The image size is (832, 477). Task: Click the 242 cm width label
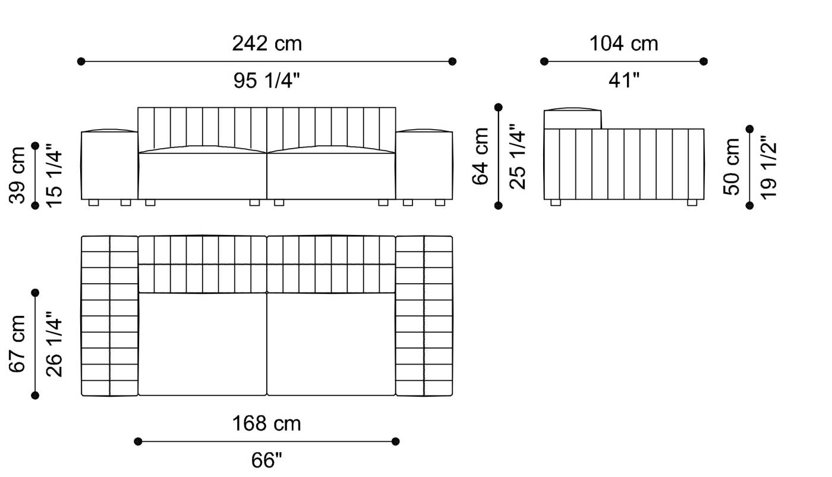coord(267,43)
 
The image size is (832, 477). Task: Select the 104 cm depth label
coord(623,43)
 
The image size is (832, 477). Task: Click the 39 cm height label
coord(18,174)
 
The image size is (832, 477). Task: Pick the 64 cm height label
coord(481,156)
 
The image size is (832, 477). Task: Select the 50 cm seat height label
coord(732,166)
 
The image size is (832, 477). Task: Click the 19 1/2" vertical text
coord(768,166)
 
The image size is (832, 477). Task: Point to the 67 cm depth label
coord(18,344)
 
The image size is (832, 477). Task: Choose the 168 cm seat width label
coord(267,423)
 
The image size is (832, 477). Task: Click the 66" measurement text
coord(267,460)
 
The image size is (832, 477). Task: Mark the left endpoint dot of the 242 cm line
coord(81,61)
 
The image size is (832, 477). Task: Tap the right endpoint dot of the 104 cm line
coord(704,61)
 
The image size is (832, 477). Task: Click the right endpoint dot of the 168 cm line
coord(396,441)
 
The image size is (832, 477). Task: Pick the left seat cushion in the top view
coord(202,344)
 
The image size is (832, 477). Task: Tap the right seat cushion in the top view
coord(331,344)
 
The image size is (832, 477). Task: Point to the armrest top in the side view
coord(572,118)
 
